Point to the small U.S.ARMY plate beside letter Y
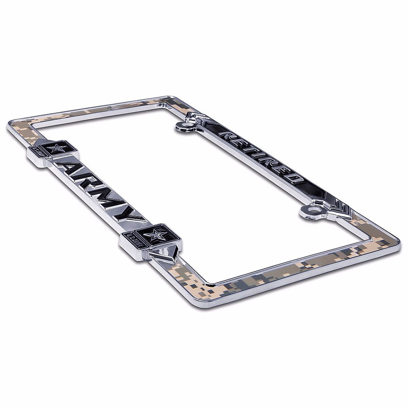click(x=135, y=238)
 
